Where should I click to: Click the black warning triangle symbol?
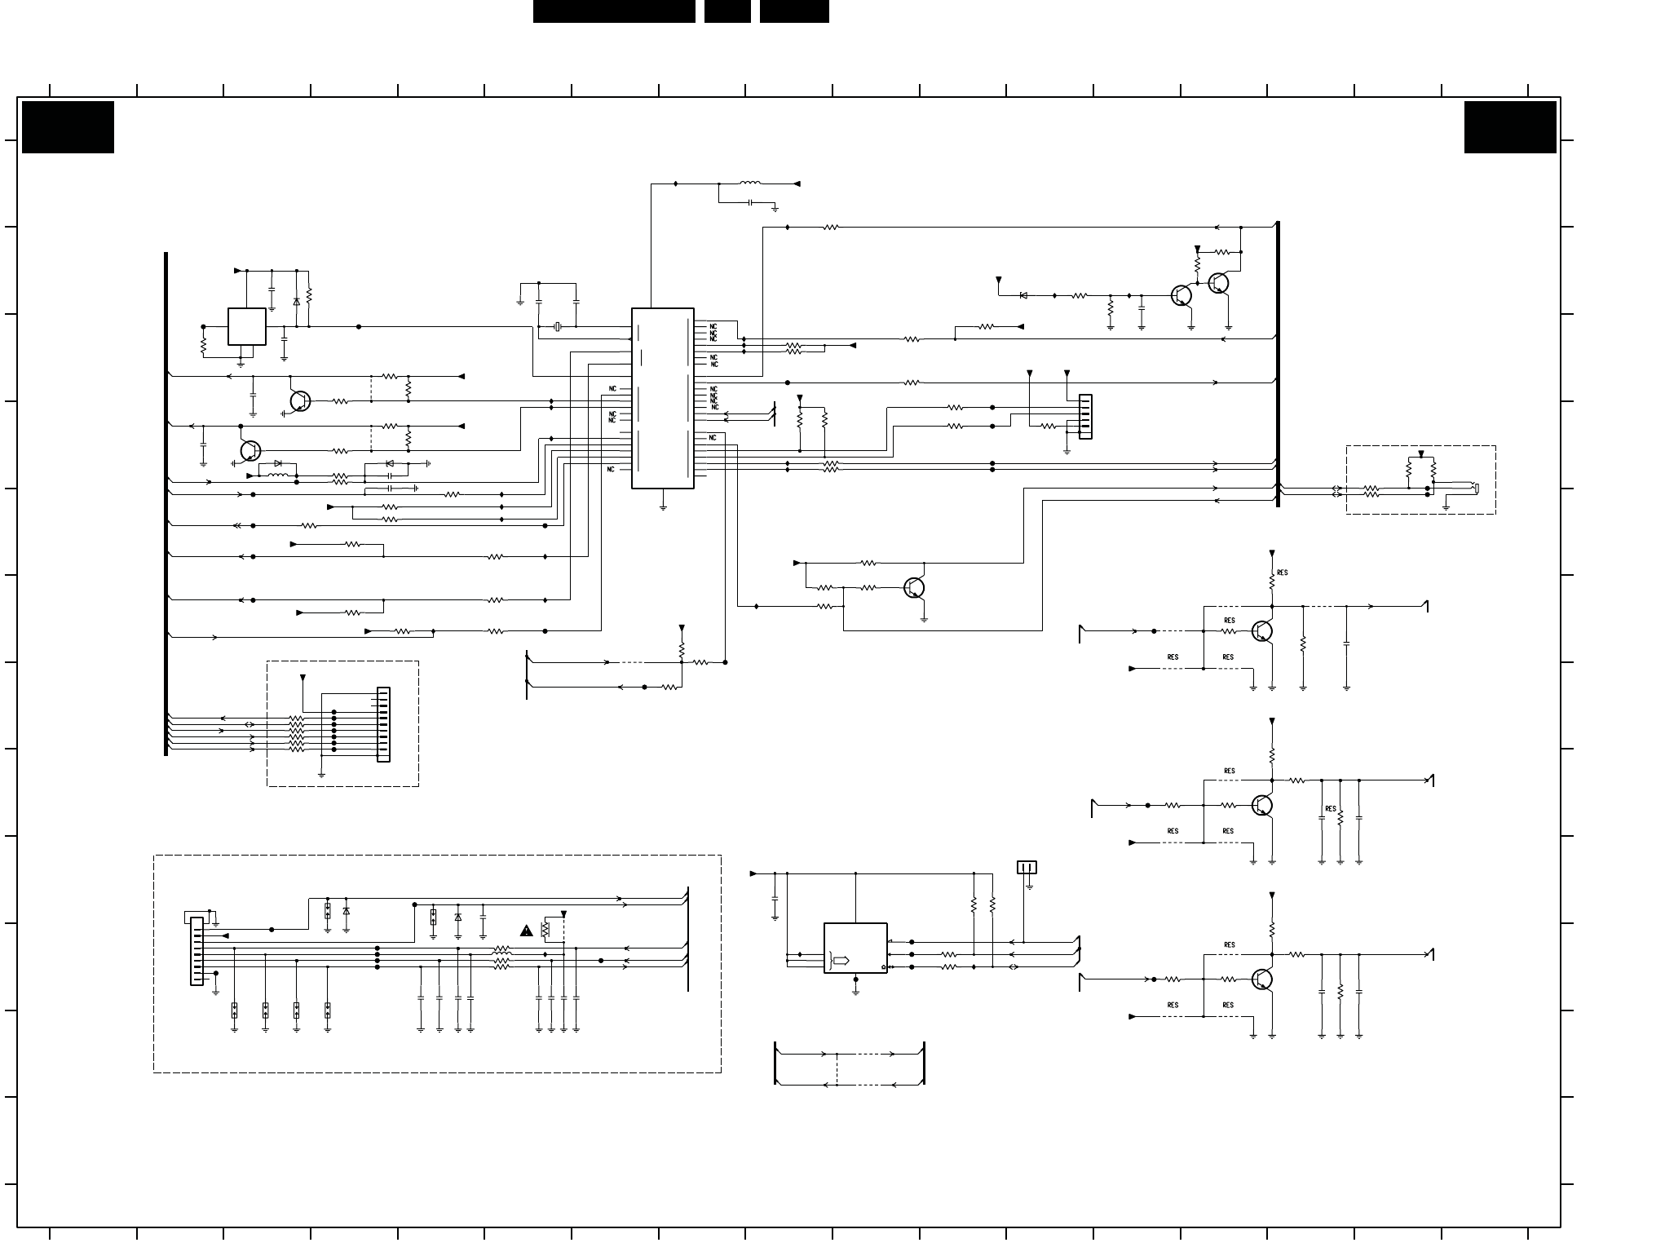click(x=527, y=930)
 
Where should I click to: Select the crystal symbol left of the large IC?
click(x=558, y=327)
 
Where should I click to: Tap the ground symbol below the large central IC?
click(x=663, y=506)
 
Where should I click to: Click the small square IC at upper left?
click(x=246, y=326)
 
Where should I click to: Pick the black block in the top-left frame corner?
click(x=68, y=127)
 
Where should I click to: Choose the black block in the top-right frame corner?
click(x=1510, y=127)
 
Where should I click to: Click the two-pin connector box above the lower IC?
click(x=1027, y=867)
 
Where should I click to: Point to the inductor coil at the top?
click(x=749, y=184)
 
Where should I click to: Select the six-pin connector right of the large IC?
click(x=1085, y=417)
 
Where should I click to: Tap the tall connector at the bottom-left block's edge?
click(x=197, y=951)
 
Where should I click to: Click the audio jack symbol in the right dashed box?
click(x=1474, y=489)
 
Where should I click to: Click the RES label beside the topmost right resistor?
click(x=1283, y=573)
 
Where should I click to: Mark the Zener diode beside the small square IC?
click(x=296, y=302)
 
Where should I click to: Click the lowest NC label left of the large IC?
click(x=612, y=469)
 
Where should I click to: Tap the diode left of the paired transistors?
click(x=1023, y=295)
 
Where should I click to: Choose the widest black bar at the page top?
click(x=614, y=11)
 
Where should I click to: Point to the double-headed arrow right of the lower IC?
click(x=1014, y=967)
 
